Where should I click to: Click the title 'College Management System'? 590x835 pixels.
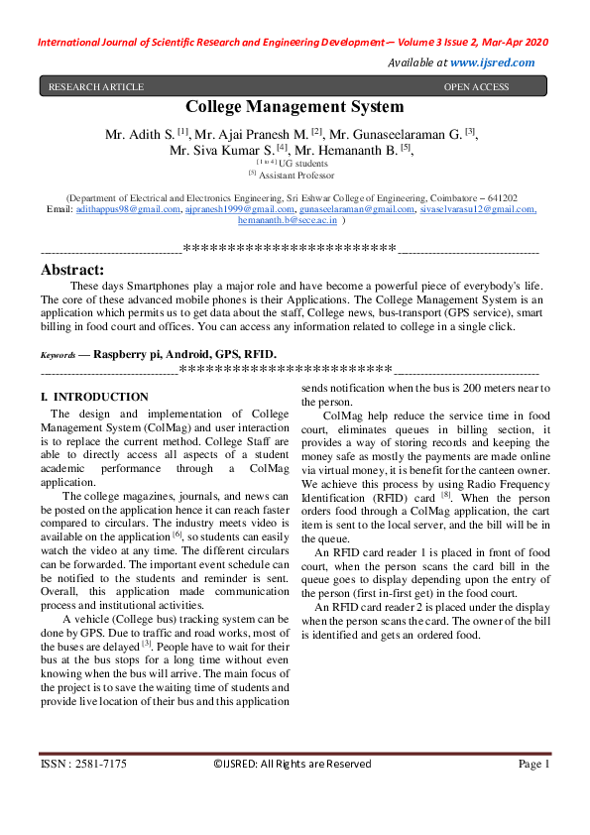coord(295,107)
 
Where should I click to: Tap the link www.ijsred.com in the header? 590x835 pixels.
coord(492,61)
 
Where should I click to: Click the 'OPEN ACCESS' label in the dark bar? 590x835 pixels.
coord(476,87)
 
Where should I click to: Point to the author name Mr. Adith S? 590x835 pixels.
coord(144,133)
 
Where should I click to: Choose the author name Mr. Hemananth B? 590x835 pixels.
coord(349,150)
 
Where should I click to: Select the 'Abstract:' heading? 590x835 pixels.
coord(71,269)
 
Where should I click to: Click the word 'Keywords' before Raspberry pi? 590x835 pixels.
coord(58,354)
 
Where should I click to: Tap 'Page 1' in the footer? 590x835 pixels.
coord(532,764)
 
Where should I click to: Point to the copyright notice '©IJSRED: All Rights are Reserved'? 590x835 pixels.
coord(293,764)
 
